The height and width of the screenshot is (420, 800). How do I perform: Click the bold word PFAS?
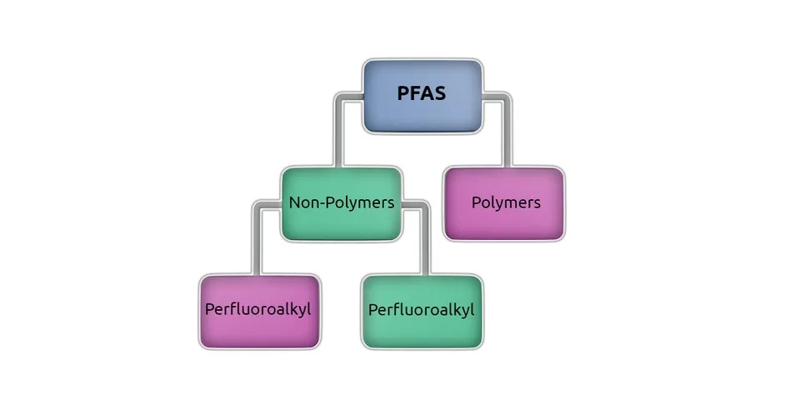click(421, 93)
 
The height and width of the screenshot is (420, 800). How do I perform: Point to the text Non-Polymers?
click(341, 202)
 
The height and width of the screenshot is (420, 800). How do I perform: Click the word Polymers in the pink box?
click(506, 202)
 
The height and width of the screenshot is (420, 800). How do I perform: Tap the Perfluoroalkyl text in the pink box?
click(258, 309)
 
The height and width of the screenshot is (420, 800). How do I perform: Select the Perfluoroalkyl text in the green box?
click(421, 310)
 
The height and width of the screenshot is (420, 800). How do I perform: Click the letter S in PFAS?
click(439, 93)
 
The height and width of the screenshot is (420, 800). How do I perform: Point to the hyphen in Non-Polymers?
click(320, 203)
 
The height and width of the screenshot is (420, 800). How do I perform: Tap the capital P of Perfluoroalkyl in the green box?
click(372, 310)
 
